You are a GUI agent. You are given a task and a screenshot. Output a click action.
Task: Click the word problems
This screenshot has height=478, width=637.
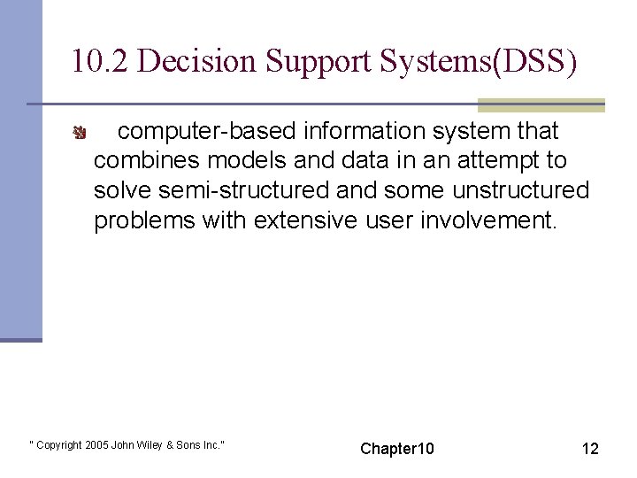coord(144,220)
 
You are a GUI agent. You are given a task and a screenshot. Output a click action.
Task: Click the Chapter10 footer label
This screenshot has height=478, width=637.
coord(397,449)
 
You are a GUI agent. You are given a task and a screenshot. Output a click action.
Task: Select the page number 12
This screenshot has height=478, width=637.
coord(590,449)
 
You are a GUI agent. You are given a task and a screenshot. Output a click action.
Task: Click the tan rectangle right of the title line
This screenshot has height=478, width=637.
coord(541,104)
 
